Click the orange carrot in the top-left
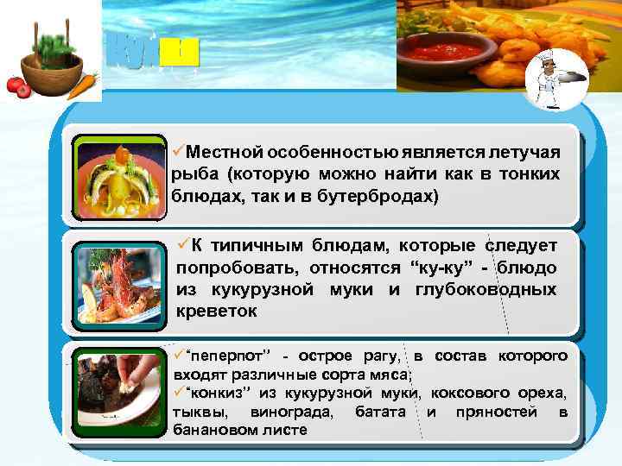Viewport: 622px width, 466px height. (81, 85)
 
